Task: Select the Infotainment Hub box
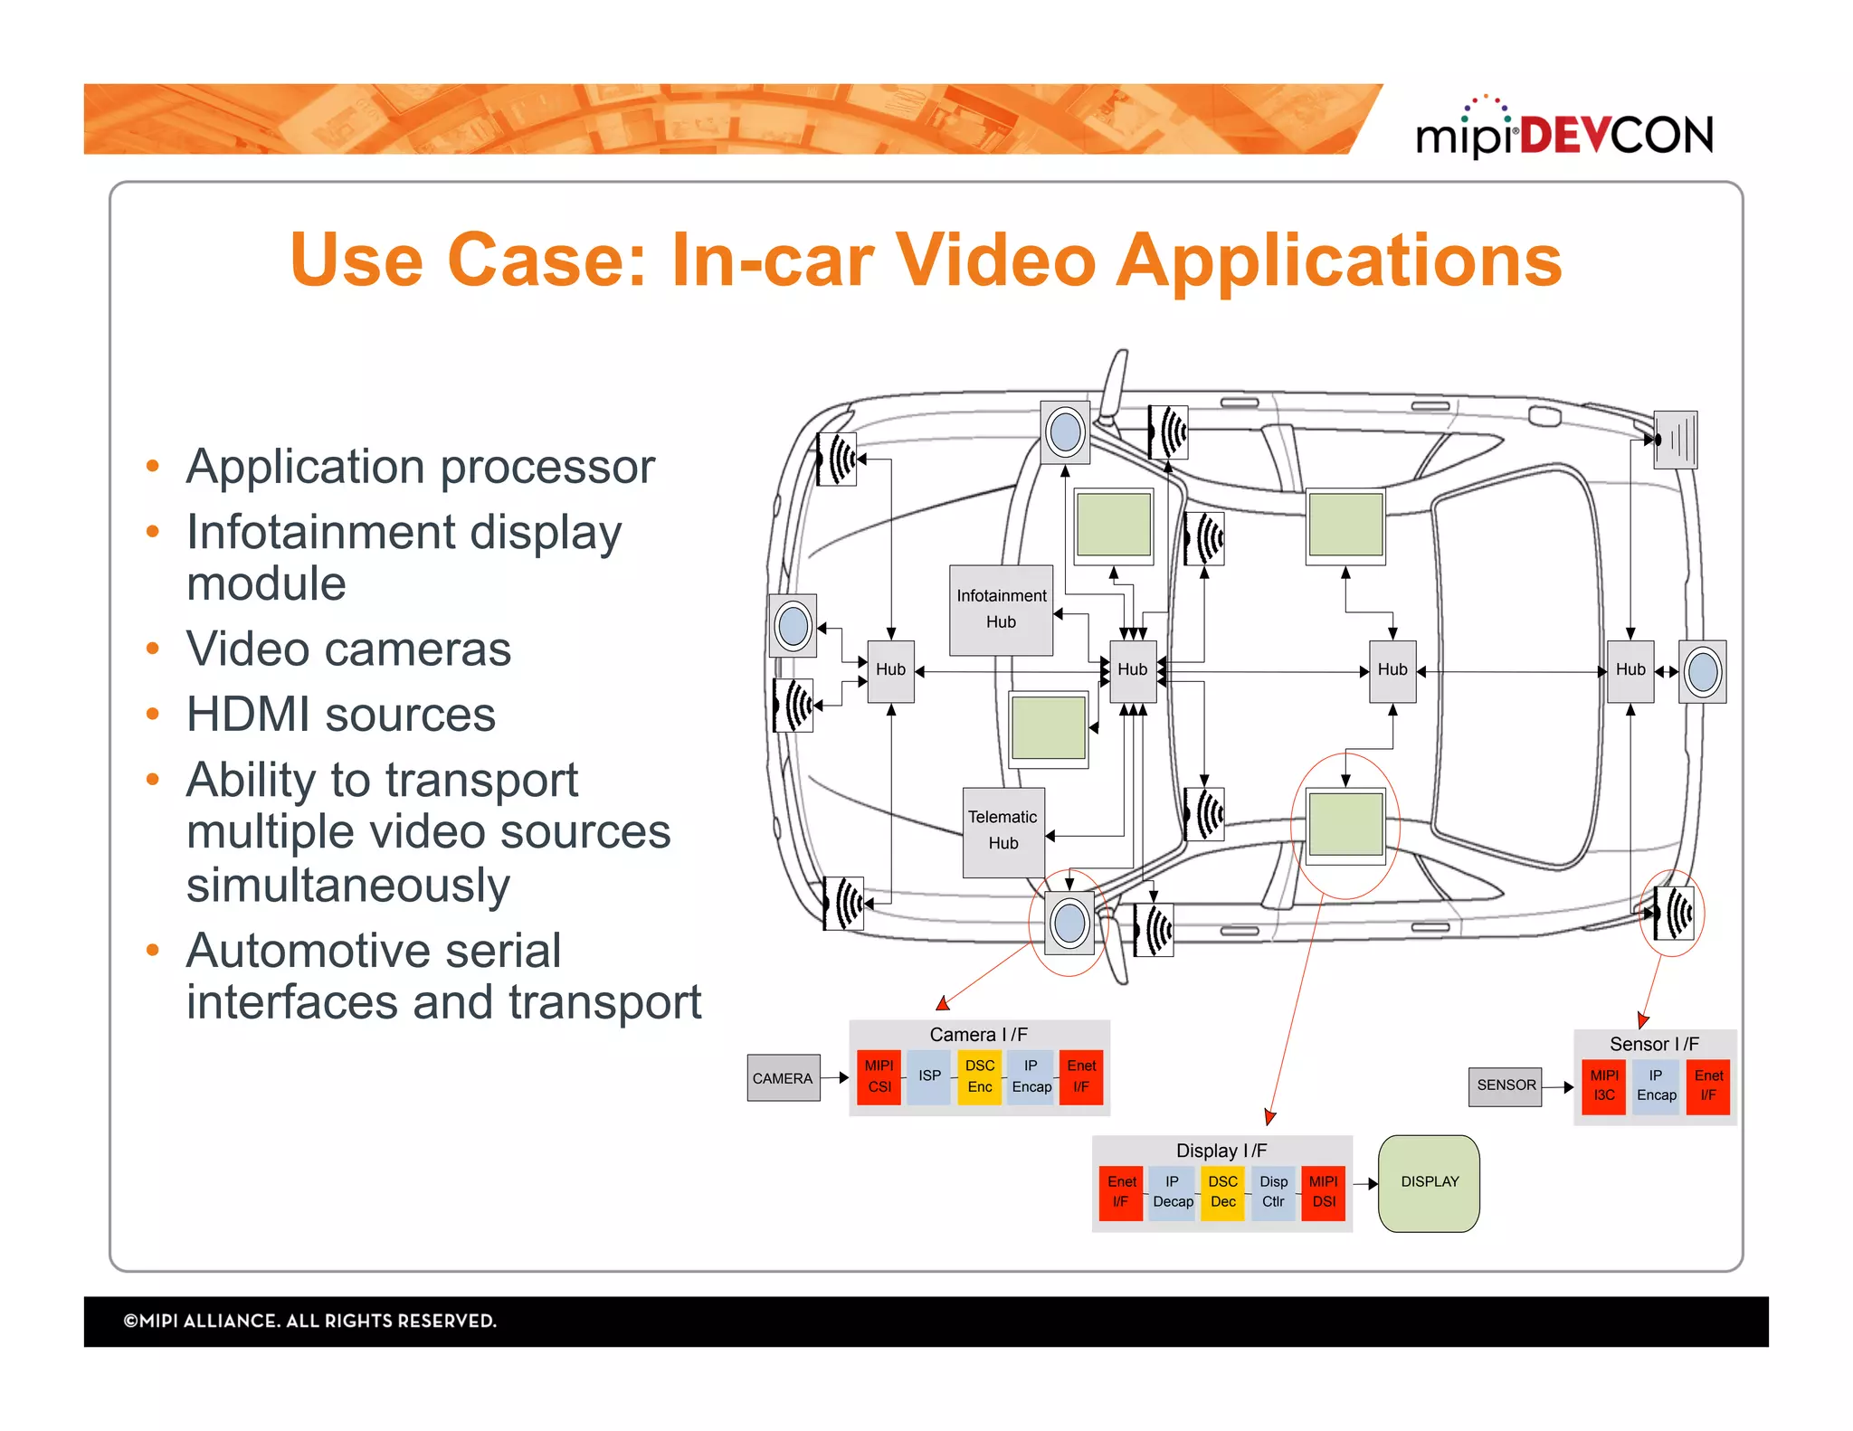coord(1001,610)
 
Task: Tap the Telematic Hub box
coord(1003,830)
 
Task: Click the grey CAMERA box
coord(783,1078)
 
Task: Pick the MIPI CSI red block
coord(879,1076)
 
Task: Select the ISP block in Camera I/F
coord(929,1076)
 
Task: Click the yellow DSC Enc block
coord(979,1076)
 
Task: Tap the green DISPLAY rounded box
coord(1429,1182)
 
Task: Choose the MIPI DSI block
coord(1323,1192)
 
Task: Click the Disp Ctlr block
coord(1273,1192)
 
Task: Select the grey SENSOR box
coord(1506,1085)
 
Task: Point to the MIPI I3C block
coord(1603,1085)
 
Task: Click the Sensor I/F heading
coord(1654,1044)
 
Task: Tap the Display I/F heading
coord(1221,1151)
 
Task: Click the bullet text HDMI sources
coord(340,715)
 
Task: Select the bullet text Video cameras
coord(348,649)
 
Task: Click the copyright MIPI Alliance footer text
coord(310,1321)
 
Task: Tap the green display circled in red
coord(1345,824)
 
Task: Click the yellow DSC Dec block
coord(1222,1192)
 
